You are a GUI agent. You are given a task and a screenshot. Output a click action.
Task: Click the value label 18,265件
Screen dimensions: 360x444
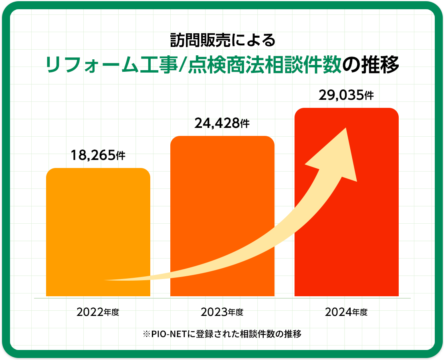pos(98,155)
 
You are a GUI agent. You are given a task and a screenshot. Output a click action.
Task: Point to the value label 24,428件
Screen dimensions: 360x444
pos(222,123)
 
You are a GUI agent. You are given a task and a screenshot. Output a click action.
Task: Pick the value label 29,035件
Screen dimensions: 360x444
pos(346,95)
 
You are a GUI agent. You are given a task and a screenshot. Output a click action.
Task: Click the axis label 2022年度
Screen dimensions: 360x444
pos(98,311)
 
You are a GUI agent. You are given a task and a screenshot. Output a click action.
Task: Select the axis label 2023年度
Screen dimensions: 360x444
pos(222,311)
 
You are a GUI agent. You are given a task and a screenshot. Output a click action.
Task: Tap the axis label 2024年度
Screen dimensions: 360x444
pos(346,311)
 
